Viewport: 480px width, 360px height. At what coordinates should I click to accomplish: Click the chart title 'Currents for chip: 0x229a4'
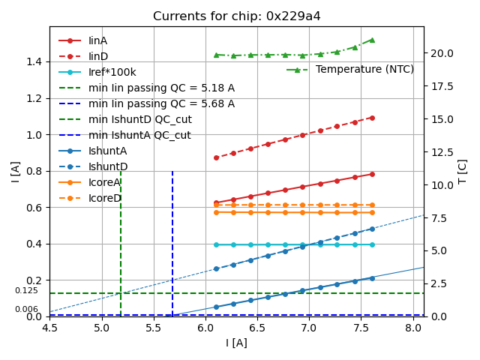point(236,16)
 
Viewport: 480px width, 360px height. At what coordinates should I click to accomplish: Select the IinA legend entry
point(98,40)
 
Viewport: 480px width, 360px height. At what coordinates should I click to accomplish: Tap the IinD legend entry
point(98,56)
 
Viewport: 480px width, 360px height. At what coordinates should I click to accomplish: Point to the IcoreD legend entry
point(104,198)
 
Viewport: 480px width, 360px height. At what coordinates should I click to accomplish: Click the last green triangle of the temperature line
point(372,40)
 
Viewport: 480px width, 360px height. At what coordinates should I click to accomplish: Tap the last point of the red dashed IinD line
point(372,118)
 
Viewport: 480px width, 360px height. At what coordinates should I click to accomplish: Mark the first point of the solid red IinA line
point(216,202)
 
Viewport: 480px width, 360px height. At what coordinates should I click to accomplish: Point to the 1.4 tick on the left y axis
point(34,61)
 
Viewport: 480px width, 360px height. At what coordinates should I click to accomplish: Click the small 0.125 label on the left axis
point(26,290)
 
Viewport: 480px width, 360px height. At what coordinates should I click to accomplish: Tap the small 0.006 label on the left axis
point(26,309)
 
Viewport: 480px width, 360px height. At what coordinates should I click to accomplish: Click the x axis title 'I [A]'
point(236,343)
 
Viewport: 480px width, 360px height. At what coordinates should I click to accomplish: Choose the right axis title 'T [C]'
point(463,171)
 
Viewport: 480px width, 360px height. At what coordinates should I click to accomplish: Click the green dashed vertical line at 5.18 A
point(121,240)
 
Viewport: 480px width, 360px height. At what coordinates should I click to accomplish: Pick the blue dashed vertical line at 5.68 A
point(172,240)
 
